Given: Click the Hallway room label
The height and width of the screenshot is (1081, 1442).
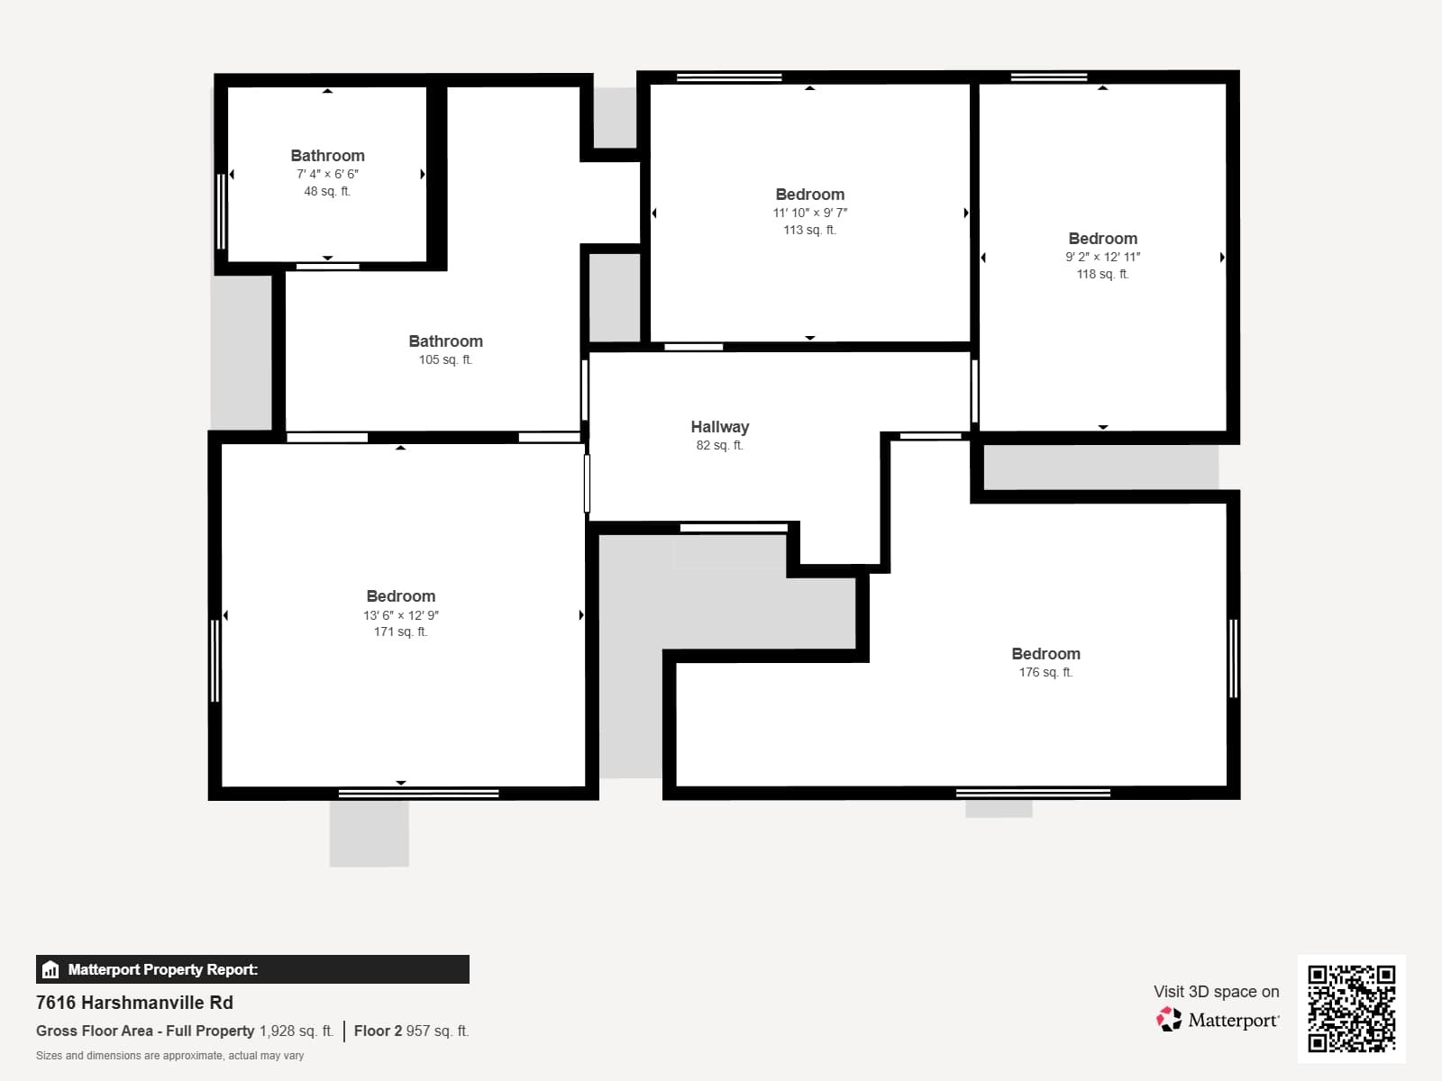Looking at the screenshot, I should pyautogui.click(x=719, y=427).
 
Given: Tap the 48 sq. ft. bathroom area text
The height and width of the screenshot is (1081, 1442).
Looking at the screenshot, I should pyautogui.click(x=327, y=191).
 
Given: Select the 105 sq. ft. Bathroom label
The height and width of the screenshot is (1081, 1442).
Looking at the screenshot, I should pyautogui.click(x=445, y=341).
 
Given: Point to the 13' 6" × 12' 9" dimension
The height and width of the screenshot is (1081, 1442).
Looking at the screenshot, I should pyautogui.click(x=401, y=615).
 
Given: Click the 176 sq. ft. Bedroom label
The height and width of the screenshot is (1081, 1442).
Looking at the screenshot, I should pyautogui.click(x=1045, y=654).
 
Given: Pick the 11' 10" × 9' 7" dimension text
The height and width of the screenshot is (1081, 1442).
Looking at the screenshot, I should pyautogui.click(x=809, y=213).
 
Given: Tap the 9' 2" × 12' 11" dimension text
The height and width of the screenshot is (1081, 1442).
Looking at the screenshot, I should pyautogui.click(x=1102, y=257).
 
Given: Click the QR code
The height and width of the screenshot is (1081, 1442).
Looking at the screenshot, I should pyautogui.click(x=1351, y=1008).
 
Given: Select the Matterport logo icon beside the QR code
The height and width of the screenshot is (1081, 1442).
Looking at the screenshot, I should pyautogui.click(x=1169, y=1020).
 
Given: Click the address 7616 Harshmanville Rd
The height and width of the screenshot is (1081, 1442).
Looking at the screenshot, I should pyautogui.click(x=134, y=1003).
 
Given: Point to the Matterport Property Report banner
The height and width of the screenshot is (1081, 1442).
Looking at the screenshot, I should pyautogui.click(x=252, y=969).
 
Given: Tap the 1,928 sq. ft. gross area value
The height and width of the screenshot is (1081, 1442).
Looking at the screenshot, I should pyautogui.click(x=297, y=1031).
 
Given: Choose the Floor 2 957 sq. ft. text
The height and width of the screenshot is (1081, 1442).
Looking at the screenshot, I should pyautogui.click(x=411, y=1031).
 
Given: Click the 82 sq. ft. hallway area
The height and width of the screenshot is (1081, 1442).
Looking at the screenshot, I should pyautogui.click(x=719, y=445).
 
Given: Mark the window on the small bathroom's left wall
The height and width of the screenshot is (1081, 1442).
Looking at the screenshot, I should pyautogui.click(x=221, y=211).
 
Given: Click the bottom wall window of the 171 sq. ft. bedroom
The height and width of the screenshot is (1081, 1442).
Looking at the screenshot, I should pyautogui.click(x=418, y=794).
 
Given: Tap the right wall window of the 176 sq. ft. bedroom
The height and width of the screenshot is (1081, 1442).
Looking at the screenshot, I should pyautogui.click(x=1233, y=659).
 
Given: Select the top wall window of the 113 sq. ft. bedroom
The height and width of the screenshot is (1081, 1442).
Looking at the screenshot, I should pyautogui.click(x=729, y=77).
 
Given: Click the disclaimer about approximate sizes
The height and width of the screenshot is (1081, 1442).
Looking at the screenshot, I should pyautogui.click(x=169, y=1056).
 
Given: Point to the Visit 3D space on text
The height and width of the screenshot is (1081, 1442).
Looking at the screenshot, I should pyautogui.click(x=1216, y=991).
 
